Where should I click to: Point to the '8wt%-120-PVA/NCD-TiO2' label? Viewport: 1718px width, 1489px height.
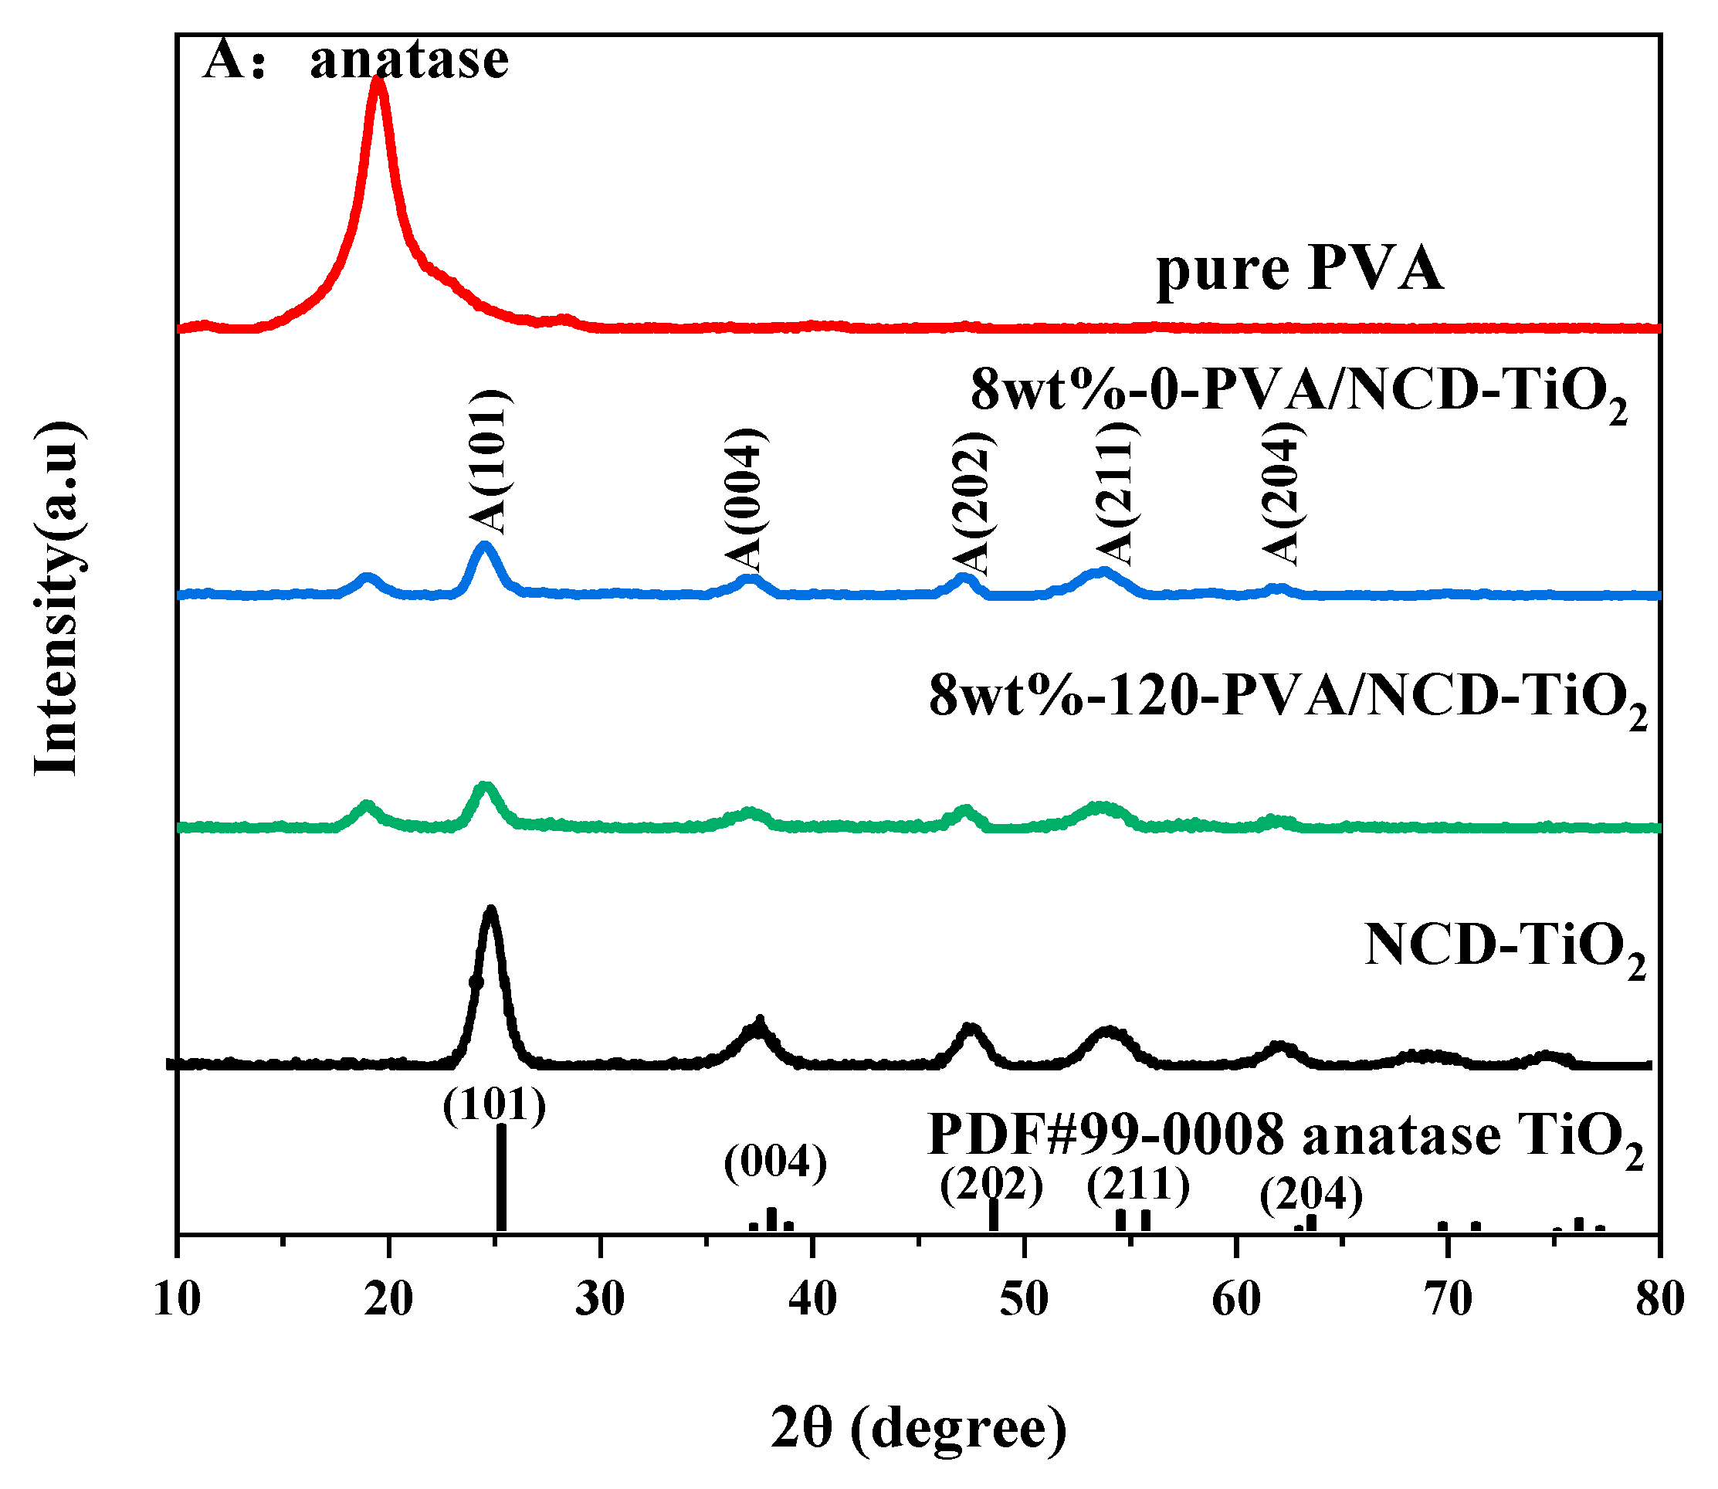click(1288, 697)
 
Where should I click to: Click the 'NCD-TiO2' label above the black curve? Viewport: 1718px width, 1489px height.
click(1504, 948)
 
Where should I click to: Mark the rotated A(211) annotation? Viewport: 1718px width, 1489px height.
click(1114, 494)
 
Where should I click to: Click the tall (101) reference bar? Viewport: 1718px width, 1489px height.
click(501, 1179)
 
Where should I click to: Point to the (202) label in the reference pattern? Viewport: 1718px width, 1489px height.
click(991, 1185)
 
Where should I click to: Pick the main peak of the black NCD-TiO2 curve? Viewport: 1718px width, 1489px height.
click(491, 912)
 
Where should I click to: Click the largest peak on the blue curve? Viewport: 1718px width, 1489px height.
click(485, 547)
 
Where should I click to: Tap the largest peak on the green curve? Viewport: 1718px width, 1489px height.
click(485, 787)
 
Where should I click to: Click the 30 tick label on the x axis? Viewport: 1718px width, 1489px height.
click(600, 1300)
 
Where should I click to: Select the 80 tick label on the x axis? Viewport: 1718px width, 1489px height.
click(1660, 1300)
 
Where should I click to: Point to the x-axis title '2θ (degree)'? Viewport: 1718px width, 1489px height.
click(918, 1428)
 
